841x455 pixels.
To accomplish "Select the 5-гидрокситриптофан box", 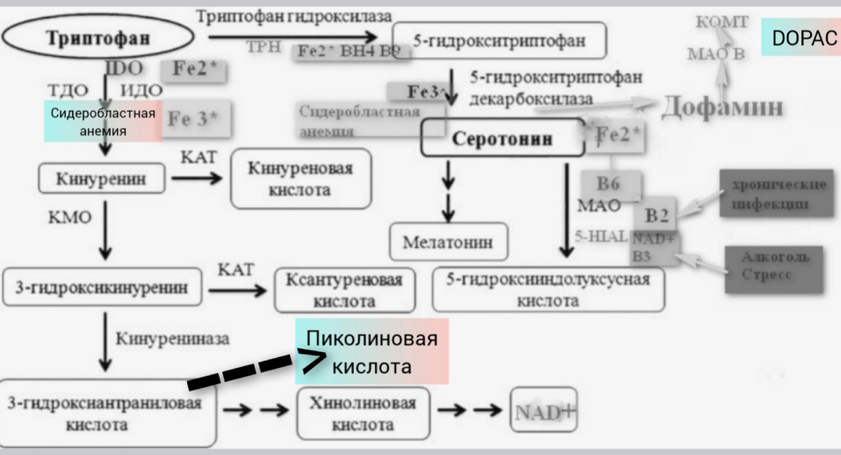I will coord(499,41).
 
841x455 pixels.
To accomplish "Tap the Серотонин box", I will coord(502,137).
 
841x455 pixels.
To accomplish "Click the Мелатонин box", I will coord(447,242).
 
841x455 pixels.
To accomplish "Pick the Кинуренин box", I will coord(102,179).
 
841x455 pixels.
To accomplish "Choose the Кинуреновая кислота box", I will coord(300,179).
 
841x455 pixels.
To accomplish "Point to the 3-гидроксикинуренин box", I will coord(102,287).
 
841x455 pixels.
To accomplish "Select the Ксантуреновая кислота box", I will coord(344,290).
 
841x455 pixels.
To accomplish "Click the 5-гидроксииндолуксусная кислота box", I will coord(548,290).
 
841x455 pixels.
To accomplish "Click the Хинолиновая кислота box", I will coord(362,414).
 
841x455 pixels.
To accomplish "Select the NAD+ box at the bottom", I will coord(545,412).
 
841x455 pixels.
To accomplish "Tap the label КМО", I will coord(69,217).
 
